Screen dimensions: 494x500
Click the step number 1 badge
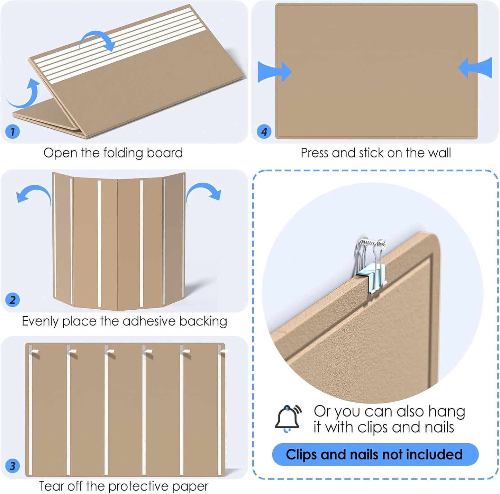pyautogui.click(x=13, y=132)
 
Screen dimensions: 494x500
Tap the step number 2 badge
pyautogui.click(x=12, y=300)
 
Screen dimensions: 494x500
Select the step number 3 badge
pyautogui.click(x=12, y=466)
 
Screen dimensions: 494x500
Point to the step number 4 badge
pyautogui.click(x=264, y=132)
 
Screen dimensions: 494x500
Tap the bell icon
pyautogui.click(x=288, y=419)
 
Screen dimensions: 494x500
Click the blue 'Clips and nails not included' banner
pyautogui.click(x=375, y=454)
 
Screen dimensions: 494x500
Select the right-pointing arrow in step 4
pyautogui.click(x=274, y=72)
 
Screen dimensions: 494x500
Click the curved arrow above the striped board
pyautogui.click(x=98, y=41)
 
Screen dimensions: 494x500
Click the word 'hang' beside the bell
pyautogui.click(x=447, y=412)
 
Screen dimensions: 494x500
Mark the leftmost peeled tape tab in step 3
pyautogui.click(x=34, y=352)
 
